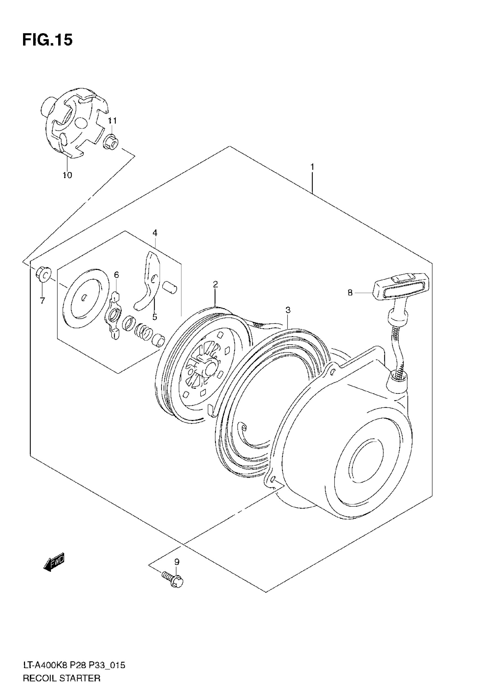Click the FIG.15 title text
coord(47,40)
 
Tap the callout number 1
coord(312,167)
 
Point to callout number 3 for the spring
coord(288,310)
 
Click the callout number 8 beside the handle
coord(350,292)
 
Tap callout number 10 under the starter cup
coord(68,175)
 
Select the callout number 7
coord(42,301)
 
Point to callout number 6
coord(116,274)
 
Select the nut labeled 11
coord(111,142)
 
